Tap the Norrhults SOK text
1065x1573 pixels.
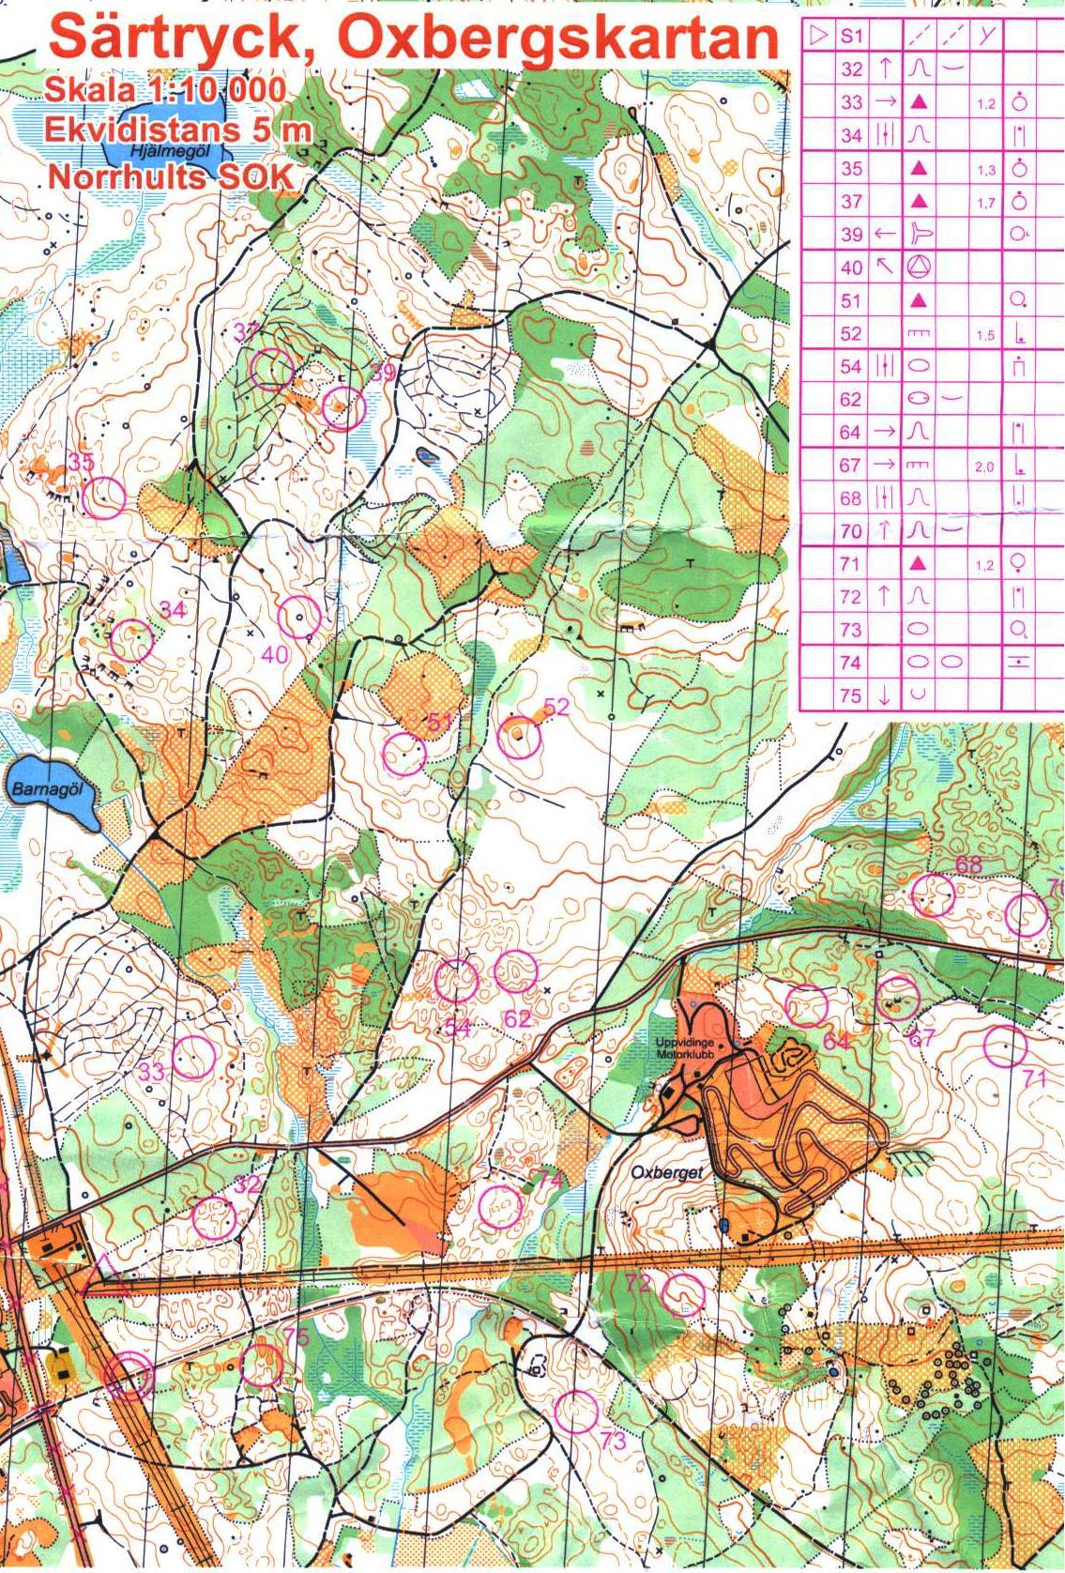pos(168,176)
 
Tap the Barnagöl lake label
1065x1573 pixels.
pos(46,789)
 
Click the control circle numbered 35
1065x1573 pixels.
pos(104,496)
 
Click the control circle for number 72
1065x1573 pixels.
pos(684,1293)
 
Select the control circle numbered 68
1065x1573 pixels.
pos(934,894)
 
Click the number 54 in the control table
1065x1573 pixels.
pos(851,366)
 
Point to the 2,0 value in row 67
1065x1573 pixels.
pos(983,466)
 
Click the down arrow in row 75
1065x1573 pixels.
pos(884,695)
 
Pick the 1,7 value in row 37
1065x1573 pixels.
pos(984,202)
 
